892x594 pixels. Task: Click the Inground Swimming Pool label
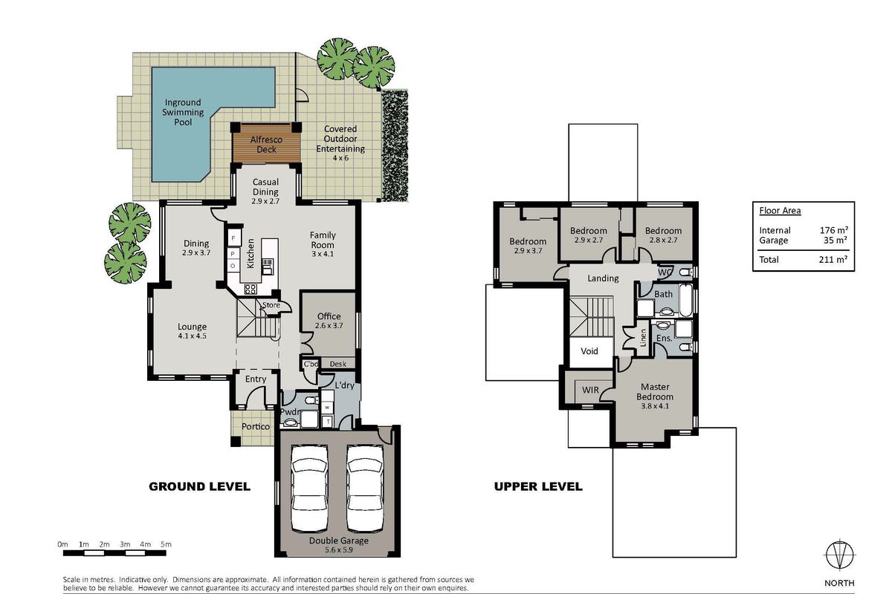pos(183,112)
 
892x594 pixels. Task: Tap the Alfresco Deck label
pos(266,145)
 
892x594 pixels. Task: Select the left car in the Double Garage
pos(310,489)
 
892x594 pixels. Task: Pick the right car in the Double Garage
pos(365,489)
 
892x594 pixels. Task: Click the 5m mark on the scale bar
pos(166,544)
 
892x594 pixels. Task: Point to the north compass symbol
pos(839,554)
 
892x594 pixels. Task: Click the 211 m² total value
pos(833,259)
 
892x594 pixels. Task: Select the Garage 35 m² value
pos(835,240)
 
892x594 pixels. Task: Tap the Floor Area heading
pos(780,210)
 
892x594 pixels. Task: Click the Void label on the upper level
pos(589,351)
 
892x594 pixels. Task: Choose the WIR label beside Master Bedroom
pos(590,390)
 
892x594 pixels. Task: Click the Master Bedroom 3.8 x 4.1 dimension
pos(655,406)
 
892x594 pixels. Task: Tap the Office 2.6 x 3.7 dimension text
pos(329,325)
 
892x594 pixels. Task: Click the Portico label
pos(256,426)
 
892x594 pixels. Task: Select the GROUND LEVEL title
pos(199,486)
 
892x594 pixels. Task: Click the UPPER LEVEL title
pos(538,486)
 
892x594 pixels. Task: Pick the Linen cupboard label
pos(643,337)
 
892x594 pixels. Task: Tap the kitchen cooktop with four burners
pos(250,290)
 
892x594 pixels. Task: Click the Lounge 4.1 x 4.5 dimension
pos(192,336)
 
